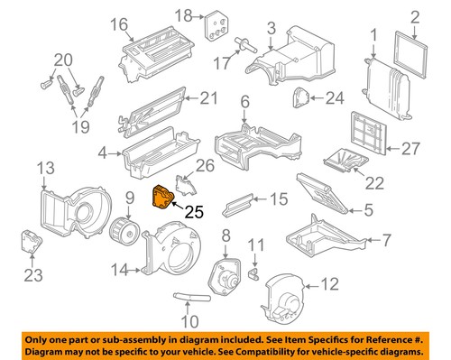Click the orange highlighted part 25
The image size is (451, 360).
pyautogui.click(x=162, y=196)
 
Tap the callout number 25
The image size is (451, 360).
pyautogui.click(x=195, y=213)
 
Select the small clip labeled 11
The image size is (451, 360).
pyautogui.click(x=253, y=268)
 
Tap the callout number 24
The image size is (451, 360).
pyautogui.click(x=335, y=97)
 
